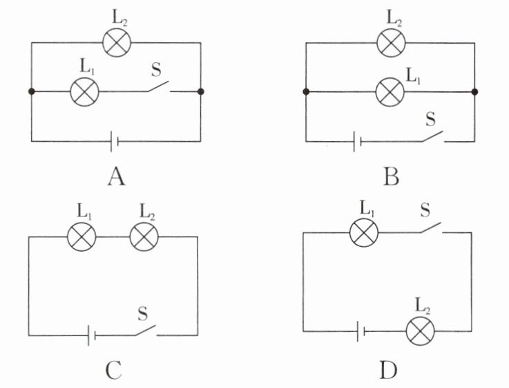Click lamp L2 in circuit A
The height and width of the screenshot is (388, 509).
tap(116, 42)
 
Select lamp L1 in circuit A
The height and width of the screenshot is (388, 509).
tap(86, 91)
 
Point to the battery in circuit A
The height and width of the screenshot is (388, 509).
tap(115, 142)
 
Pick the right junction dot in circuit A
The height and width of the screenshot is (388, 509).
tap(200, 91)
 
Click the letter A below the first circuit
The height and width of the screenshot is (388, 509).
tap(116, 178)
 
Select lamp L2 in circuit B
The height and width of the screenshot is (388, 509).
tap(390, 42)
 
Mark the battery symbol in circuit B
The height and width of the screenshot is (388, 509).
tap(356, 142)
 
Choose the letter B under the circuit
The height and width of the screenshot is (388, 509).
tap(390, 178)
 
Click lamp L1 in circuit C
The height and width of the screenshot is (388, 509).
tap(81, 237)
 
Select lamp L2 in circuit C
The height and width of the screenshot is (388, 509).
tap(144, 237)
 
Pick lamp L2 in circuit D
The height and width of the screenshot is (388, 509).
tap(419, 331)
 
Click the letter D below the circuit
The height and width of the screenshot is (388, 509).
tap(389, 371)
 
